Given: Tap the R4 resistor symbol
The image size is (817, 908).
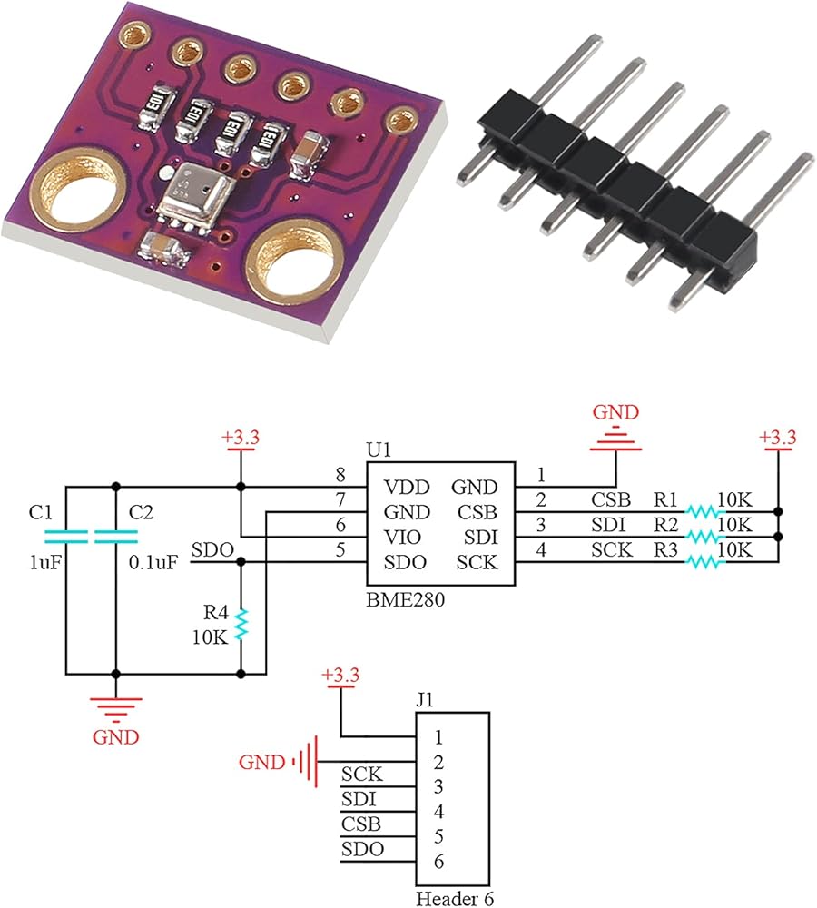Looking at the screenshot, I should [x=241, y=625].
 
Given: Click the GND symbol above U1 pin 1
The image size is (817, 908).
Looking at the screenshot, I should [x=615, y=442].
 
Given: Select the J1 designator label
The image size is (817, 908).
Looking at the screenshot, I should [x=426, y=700].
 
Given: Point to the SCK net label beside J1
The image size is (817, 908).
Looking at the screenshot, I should [x=361, y=775].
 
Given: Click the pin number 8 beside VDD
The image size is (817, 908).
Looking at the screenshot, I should [x=340, y=474].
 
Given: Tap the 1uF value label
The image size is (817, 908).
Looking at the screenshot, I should [x=46, y=562].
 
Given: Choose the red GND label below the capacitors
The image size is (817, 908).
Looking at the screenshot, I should [x=116, y=736].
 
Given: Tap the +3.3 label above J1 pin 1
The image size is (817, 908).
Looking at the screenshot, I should [x=342, y=675].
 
